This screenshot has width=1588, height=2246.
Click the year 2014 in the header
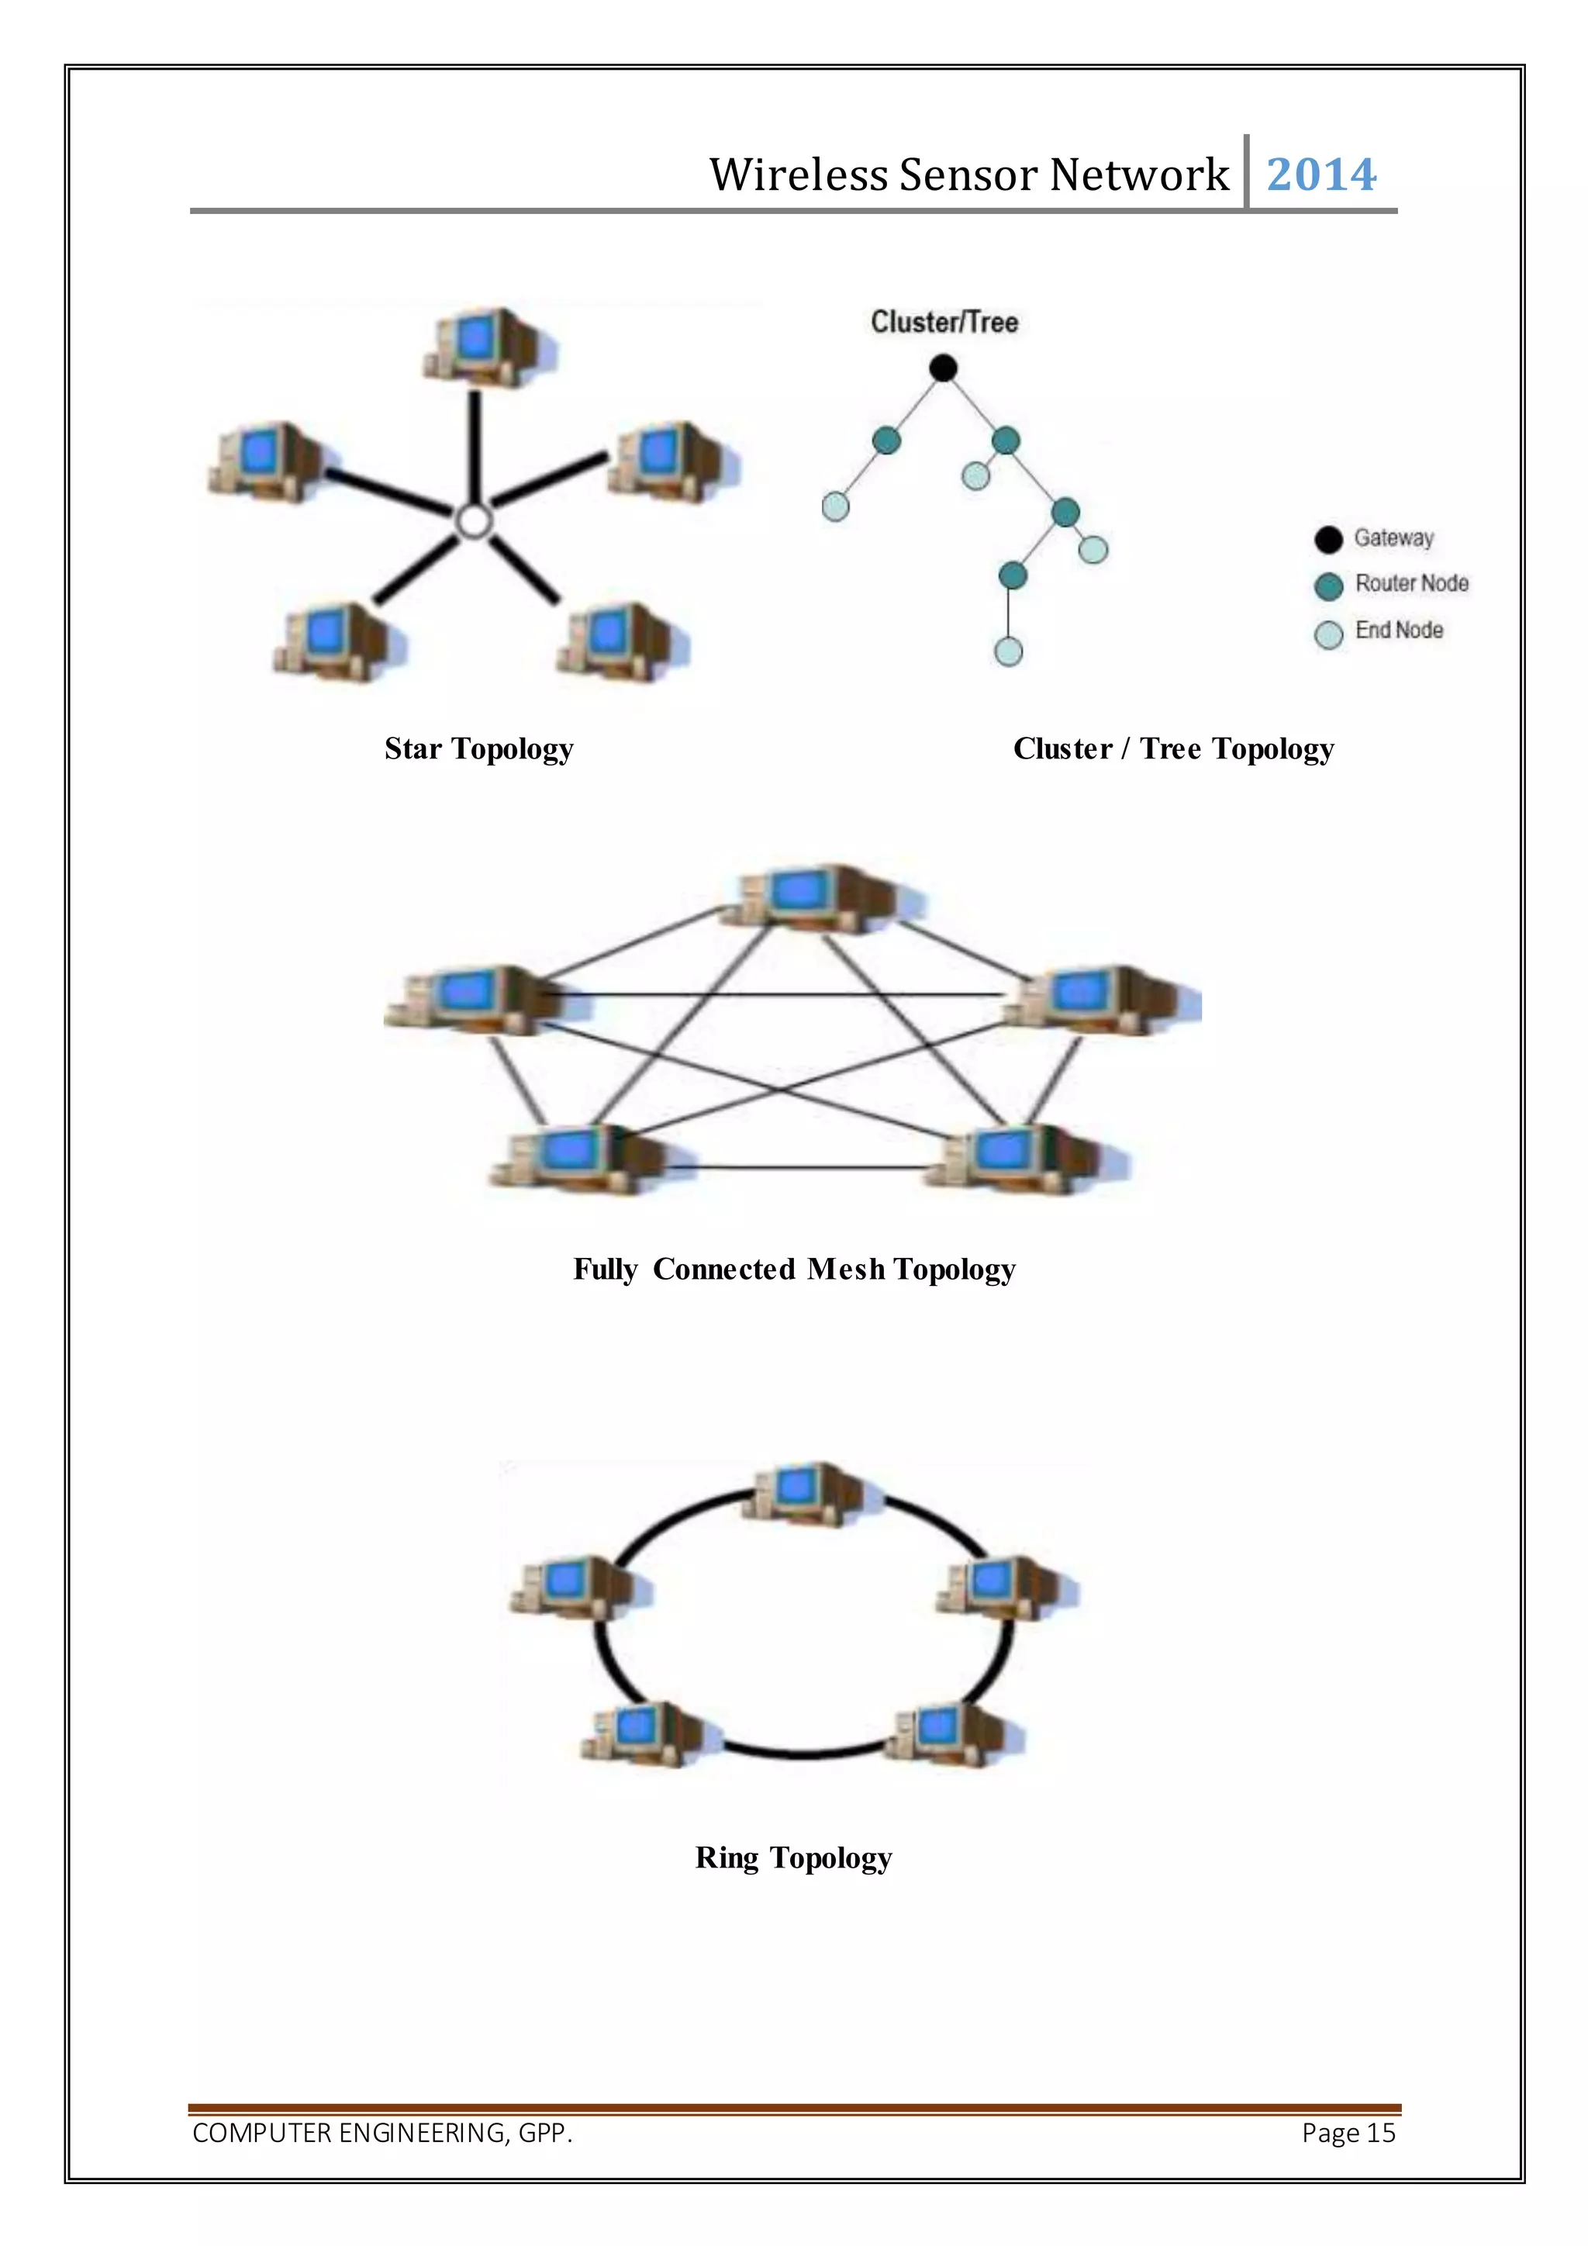[x=1321, y=175]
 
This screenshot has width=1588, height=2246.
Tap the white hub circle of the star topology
[x=475, y=521]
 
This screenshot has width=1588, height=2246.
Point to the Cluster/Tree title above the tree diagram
[x=944, y=322]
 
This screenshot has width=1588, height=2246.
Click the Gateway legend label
[x=1393, y=538]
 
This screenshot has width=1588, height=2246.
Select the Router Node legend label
[x=1411, y=584]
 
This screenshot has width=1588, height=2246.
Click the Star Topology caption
[x=479, y=749]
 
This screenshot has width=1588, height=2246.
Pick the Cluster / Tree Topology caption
[x=1173, y=749]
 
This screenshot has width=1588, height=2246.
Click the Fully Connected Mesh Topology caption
[x=794, y=1270]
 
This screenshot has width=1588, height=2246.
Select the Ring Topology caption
[x=793, y=1857]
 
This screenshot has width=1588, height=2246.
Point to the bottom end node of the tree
[x=1008, y=651]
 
